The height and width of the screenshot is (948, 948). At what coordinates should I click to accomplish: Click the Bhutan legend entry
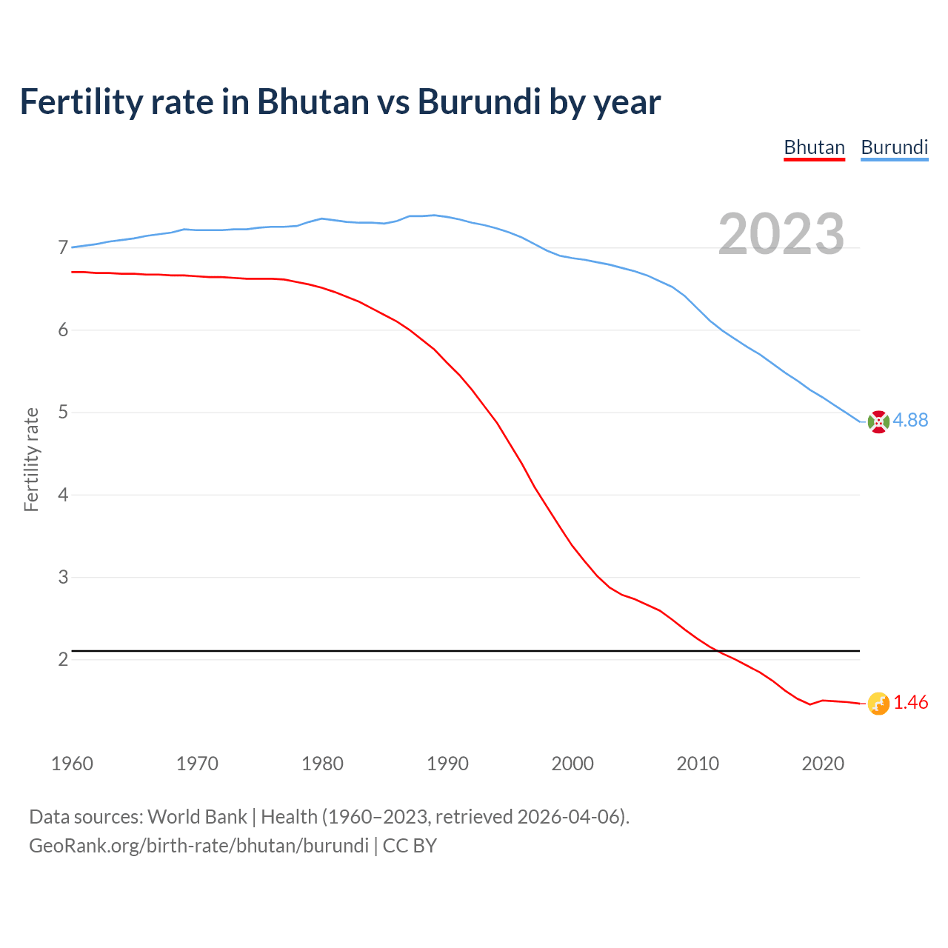coord(814,147)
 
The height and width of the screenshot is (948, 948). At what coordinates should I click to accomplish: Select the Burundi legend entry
coord(894,147)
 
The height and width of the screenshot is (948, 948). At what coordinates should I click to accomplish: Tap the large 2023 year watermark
coord(781,234)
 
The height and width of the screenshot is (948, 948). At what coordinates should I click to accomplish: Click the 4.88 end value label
coord(910,420)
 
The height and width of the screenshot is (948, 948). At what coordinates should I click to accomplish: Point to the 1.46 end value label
coord(910,702)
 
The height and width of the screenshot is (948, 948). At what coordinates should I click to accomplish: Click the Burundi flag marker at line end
coord(878,421)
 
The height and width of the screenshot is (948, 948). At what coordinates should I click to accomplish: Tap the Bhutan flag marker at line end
coord(878,704)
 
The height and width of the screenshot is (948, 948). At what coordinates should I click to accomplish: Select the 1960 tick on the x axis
coord(72,764)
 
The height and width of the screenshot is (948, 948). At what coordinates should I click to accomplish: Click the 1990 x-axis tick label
coord(447,764)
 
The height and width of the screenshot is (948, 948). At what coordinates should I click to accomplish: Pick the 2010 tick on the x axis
coord(698,764)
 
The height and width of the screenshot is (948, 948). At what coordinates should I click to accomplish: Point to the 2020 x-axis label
coord(823,764)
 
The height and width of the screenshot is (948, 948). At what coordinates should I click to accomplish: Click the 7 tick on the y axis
coord(63,247)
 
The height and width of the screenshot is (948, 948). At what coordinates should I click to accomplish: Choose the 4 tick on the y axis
coord(63,495)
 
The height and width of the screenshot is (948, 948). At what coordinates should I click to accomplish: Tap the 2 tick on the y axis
coord(63,659)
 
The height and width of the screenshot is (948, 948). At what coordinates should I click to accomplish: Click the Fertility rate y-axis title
coord(31,459)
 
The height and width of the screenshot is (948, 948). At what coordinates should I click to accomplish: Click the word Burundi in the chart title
coord(479,102)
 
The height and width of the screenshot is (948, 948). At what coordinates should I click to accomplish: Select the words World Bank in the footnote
coord(197,817)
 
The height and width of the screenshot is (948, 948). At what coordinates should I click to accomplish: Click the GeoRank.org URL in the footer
coord(198,846)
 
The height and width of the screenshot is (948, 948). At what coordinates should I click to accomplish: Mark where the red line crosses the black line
coord(717,651)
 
